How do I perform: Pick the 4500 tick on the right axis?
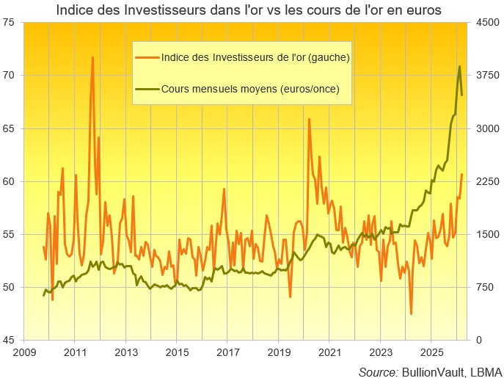point(487,23)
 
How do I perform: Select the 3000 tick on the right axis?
point(487,128)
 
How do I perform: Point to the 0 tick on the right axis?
point(478,341)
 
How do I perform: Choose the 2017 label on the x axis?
point(227,353)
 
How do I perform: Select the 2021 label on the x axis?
point(329,353)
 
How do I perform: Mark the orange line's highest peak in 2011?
point(92,57)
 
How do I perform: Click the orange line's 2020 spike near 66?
point(309,119)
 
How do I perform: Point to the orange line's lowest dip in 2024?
point(411,313)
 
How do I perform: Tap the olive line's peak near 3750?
point(459,66)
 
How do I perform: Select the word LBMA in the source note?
point(484,371)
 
